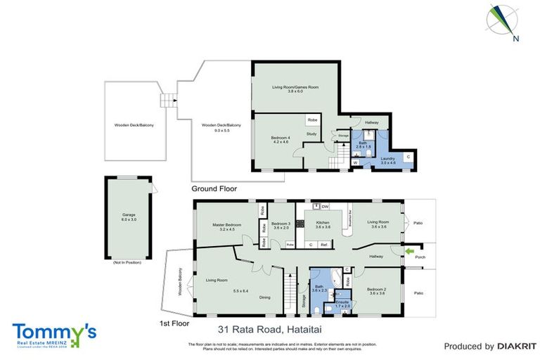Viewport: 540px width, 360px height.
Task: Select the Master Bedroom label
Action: click(227, 226)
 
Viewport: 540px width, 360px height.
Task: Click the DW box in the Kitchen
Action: click(325, 207)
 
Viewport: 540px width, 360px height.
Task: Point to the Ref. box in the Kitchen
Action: click(323, 245)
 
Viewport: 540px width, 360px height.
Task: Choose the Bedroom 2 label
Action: click(376, 290)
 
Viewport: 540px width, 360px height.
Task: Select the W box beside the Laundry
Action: click(355, 162)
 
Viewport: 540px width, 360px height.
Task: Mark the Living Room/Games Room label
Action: click(295, 89)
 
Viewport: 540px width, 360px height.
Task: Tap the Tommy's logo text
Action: click(53, 330)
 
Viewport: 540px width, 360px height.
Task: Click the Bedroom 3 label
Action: click(281, 225)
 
